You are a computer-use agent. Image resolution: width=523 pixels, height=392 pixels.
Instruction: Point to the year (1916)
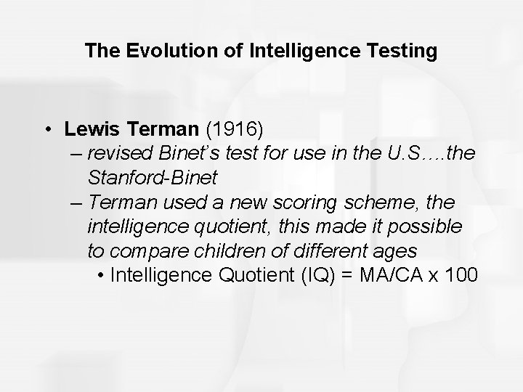(236, 129)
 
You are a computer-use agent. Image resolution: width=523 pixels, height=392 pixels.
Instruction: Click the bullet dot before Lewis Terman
(46, 130)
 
